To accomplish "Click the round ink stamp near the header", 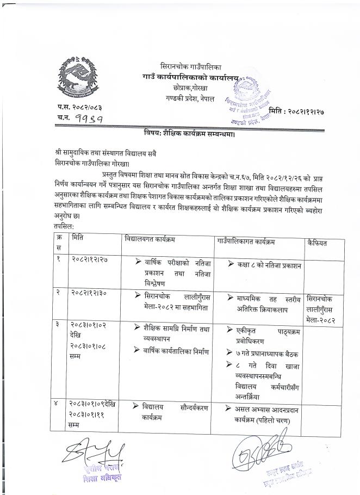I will pos(248,98).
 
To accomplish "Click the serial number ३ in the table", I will pos(58,325).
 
